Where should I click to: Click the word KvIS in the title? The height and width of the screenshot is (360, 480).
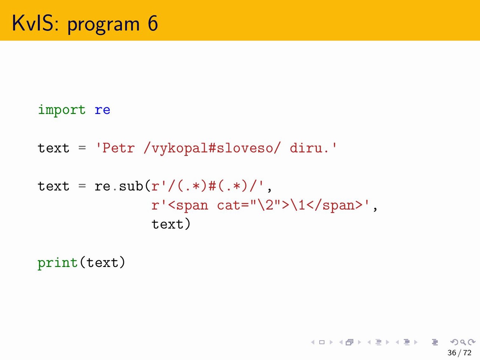tap(35, 23)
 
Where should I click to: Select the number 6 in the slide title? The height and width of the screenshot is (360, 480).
tap(153, 23)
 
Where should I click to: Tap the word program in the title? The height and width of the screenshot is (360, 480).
tap(103, 25)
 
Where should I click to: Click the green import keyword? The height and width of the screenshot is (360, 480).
tap(61, 110)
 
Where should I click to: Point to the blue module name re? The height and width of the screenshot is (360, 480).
tap(102, 110)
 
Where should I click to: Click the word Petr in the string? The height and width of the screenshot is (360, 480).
tap(118, 148)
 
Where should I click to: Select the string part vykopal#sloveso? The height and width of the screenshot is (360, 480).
tap(212, 148)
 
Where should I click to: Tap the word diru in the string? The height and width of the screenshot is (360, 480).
tap(306, 148)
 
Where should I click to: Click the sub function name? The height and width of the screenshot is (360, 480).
tap(131, 186)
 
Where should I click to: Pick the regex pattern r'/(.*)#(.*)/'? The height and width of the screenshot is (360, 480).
tap(208, 186)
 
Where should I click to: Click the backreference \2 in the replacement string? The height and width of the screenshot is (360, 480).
tap(265, 205)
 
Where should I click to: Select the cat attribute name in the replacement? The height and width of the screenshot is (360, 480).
tap(229, 205)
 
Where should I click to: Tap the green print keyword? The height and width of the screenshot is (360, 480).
tap(58, 262)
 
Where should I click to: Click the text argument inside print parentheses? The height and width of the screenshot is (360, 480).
tap(102, 262)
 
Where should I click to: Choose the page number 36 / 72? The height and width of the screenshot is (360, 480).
tap(459, 352)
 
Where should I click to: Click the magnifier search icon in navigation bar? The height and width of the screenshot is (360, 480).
tap(463, 342)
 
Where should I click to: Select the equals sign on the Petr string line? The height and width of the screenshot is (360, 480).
tap(82, 148)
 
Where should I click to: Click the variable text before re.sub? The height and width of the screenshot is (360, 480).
tap(54, 186)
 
